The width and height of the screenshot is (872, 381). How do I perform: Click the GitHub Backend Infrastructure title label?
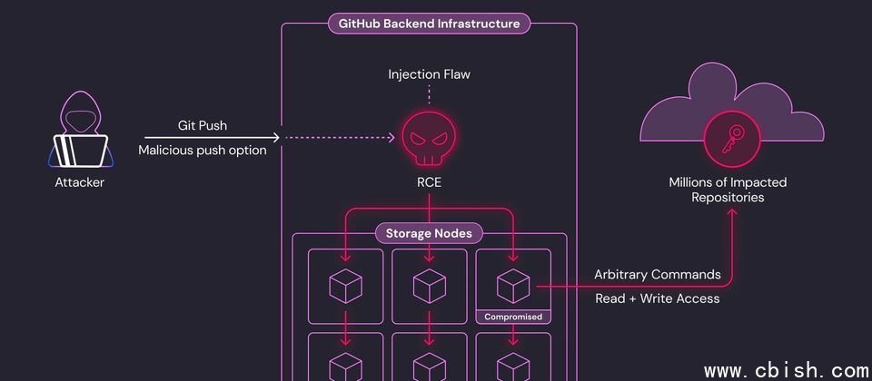click(429, 24)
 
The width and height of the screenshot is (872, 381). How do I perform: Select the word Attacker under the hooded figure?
click(80, 182)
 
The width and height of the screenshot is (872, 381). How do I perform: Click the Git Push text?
click(202, 126)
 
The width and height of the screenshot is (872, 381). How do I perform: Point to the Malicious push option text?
click(203, 150)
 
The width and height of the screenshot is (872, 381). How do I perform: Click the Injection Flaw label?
click(429, 74)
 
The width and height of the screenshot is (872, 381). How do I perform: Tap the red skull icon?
click(429, 139)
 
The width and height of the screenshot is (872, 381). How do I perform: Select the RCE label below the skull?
click(429, 182)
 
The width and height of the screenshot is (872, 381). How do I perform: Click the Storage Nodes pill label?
click(429, 233)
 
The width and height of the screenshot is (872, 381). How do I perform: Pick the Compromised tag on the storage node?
click(513, 317)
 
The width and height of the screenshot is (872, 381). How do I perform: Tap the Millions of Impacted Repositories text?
click(728, 190)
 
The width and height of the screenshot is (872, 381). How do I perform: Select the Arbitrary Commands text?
click(658, 274)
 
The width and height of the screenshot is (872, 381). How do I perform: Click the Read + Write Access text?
click(658, 298)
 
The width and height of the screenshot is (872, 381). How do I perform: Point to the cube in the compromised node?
click(513, 286)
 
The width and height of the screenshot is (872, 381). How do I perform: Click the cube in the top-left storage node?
click(345, 286)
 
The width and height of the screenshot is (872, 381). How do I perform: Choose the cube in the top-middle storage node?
click(429, 286)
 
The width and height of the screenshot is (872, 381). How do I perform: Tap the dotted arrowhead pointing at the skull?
click(392, 139)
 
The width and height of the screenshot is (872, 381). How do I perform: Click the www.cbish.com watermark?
click(787, 370)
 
